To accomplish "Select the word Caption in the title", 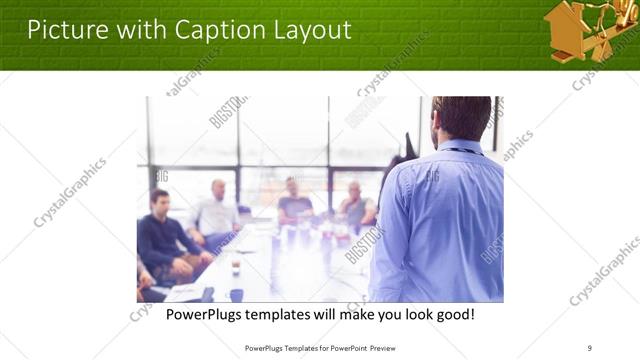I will point(202,30).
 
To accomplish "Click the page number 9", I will point(590,348).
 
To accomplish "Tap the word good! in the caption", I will point(453,315).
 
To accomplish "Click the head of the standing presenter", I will point(461,118).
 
